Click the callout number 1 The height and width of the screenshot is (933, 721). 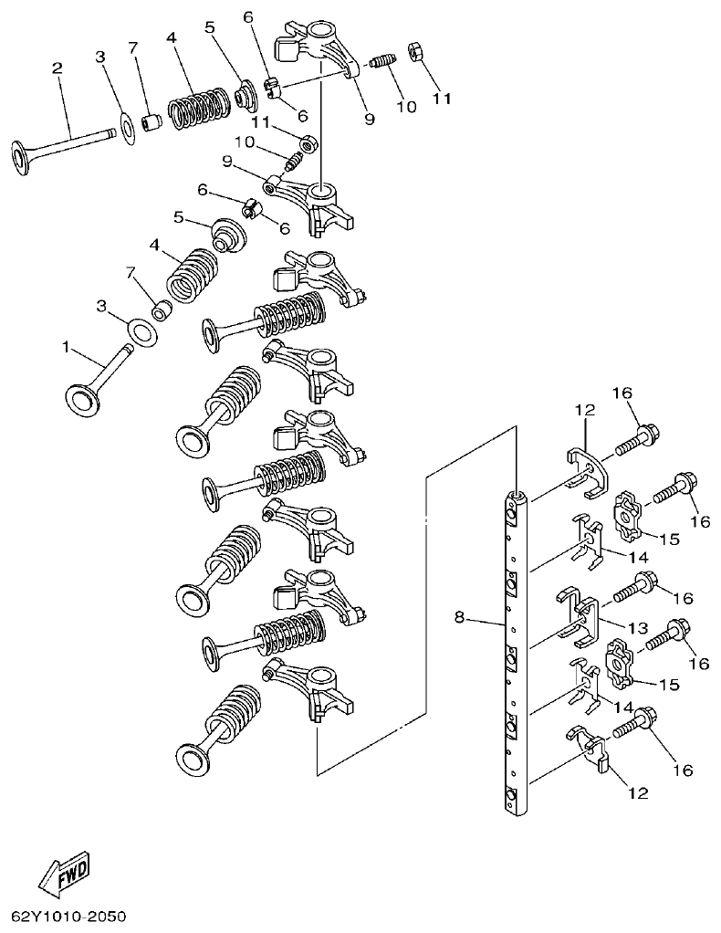[x=65, y=347]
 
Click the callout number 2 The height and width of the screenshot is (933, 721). [x=57, y=68]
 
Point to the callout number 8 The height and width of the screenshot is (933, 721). [x=459, y=618]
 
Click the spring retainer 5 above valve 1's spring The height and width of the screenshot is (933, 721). [x=227, y=234]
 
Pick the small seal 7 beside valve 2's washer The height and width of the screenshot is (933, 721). [x=152, y=121]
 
